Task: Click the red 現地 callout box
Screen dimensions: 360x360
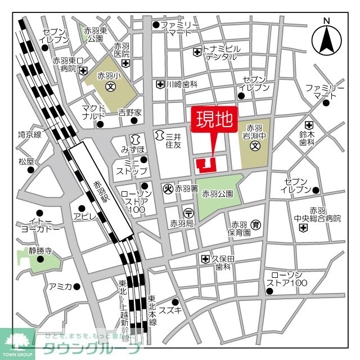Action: [x=214, y=120]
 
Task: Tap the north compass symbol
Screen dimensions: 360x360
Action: [x=326, y=39]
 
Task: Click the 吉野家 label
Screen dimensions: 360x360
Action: [x=130, y=112]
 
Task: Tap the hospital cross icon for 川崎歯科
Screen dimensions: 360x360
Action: [x=160, y=84]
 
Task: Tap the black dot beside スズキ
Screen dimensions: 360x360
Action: [x=175, y=302]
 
